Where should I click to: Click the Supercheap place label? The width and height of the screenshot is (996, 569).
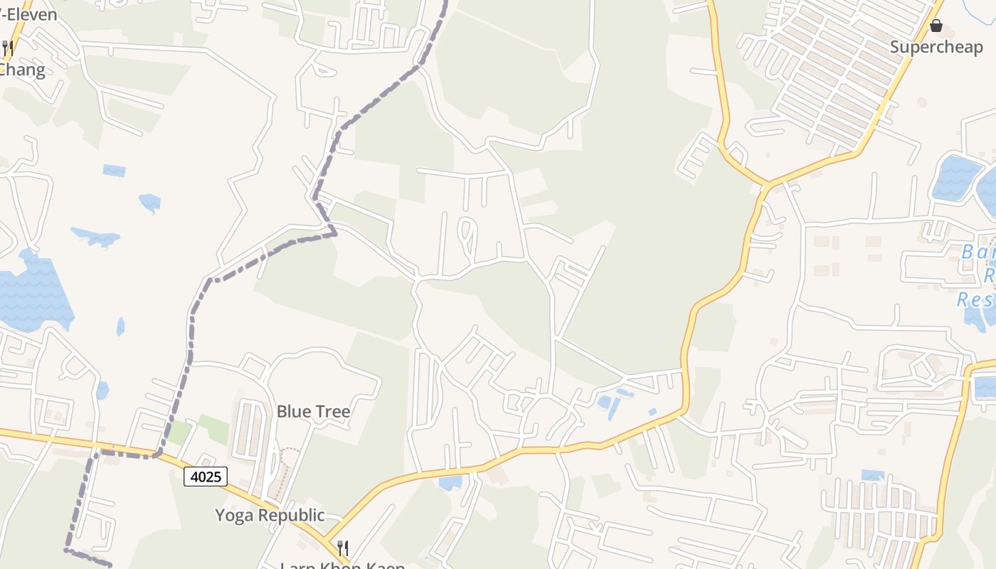(936, 48)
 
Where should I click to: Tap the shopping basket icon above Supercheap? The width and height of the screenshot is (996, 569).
(936, 26)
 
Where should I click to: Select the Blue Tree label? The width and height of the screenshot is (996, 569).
(313, 411)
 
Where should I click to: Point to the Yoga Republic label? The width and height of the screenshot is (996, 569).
(270, 515)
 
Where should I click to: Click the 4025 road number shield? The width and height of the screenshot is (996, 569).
(206, 477)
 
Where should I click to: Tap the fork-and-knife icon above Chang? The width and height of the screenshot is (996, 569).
(8, 48)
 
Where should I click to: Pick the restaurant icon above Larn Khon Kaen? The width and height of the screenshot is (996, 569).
(343, 548)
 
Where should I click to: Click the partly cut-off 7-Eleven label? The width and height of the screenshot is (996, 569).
(28, 14)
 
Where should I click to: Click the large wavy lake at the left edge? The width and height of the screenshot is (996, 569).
(32, 295)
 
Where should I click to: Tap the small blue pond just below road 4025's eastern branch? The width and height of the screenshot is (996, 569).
(450, 483)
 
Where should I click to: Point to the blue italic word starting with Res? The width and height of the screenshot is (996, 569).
(975, 299)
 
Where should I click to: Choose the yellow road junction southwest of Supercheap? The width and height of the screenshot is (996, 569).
(766, 184)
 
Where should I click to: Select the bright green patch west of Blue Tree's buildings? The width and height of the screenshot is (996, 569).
(213, 428)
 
